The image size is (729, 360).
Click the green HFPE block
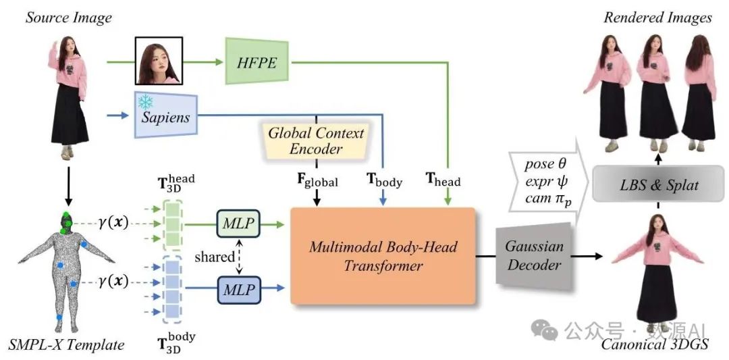tap(257, 61)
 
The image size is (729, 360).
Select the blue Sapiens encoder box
tap(165, 117)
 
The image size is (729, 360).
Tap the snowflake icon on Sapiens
tap(144, 102)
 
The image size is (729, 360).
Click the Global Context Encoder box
tap(316, 140)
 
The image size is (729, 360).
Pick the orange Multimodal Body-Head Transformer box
tap(383, 256)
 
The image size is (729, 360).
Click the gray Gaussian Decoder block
tap(533, 256)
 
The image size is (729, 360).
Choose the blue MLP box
tap(238, 290)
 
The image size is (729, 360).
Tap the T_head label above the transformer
tap(443, 181)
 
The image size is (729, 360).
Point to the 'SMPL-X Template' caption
tap(66, 345)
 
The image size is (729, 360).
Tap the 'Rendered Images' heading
tap(657, 17)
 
